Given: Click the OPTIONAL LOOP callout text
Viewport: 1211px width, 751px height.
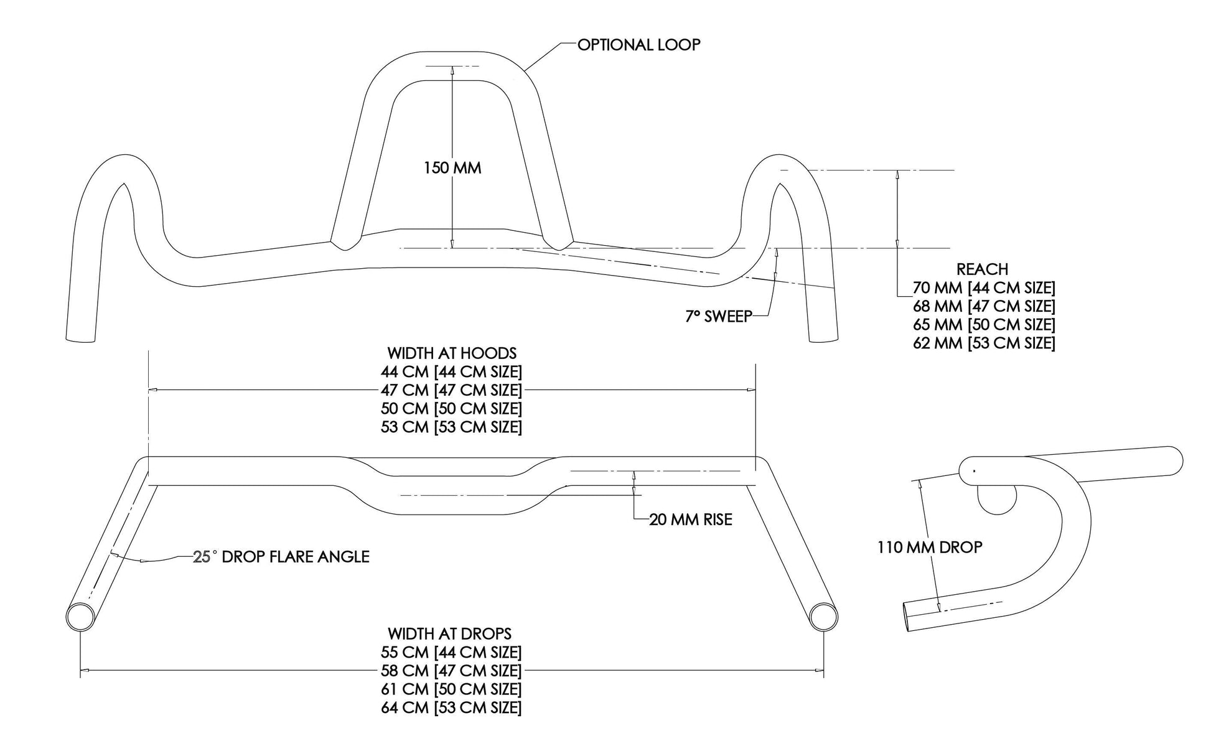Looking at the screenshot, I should click(x=638, y=45).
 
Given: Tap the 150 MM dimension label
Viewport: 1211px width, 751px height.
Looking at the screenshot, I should click(x=452, y=168).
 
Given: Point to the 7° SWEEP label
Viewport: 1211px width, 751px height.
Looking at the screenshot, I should click(x=718, y=317).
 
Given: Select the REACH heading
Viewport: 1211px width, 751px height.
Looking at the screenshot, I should click(x=982, y=269).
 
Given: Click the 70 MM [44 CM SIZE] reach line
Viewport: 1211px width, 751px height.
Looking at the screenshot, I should click(x=984, y=288).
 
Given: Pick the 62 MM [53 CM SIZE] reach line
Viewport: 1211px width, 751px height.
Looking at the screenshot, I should click(x=984, y=343).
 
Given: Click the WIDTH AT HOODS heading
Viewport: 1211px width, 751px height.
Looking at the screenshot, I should click(x=452, y=353).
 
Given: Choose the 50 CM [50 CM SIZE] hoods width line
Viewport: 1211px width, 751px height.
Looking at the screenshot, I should click(x=451, y=409).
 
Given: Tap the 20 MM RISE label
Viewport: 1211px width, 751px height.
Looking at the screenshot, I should click(x=690, y=520).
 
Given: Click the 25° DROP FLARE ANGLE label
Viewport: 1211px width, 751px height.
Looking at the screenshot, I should click(x=281, y=557).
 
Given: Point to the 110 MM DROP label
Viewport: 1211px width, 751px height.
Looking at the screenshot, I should click(x=930, y=548).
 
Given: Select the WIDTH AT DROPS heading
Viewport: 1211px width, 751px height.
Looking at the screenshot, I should click(x=449, y=634).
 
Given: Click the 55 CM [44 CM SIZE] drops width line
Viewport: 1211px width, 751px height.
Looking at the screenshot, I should click(x=451, y=653).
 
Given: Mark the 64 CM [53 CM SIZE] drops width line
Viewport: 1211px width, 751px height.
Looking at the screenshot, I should click(x=451, y=708).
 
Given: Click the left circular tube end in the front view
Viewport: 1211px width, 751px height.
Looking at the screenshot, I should click(x=80, y=617).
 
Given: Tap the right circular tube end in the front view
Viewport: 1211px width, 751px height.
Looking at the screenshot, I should click(x=824, y=617).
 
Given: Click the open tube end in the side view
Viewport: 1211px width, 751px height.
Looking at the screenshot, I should click(x=910, y=617).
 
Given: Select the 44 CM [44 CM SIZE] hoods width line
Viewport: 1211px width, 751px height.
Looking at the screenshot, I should click(x=451, y=372).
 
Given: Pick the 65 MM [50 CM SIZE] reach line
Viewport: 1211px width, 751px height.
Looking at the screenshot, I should click(x=984, y=325).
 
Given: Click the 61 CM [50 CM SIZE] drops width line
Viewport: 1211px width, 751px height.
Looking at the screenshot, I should click(x=451, y=689).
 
